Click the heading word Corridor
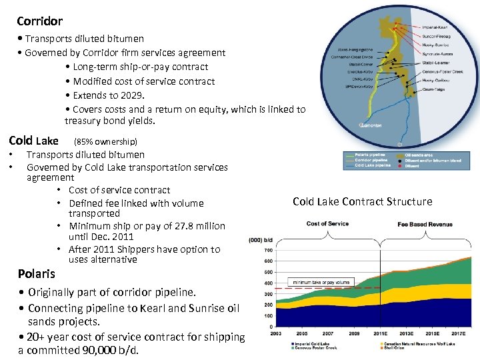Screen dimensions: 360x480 pos(39,21)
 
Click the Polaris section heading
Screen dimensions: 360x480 pos(37,274)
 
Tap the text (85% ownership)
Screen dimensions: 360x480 pos(105,141)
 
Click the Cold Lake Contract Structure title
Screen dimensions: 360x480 pos(362,201)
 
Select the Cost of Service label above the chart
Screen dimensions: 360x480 pos(327,224)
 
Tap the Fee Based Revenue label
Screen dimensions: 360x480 pos(425,224)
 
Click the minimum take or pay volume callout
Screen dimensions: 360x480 pos(320,283)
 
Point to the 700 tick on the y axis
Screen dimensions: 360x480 pos(268,251)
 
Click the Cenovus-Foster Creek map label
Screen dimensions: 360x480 pos(443,71)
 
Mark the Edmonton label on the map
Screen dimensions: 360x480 pos(371,125)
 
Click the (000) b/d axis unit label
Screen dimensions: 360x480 pos(260,240)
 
